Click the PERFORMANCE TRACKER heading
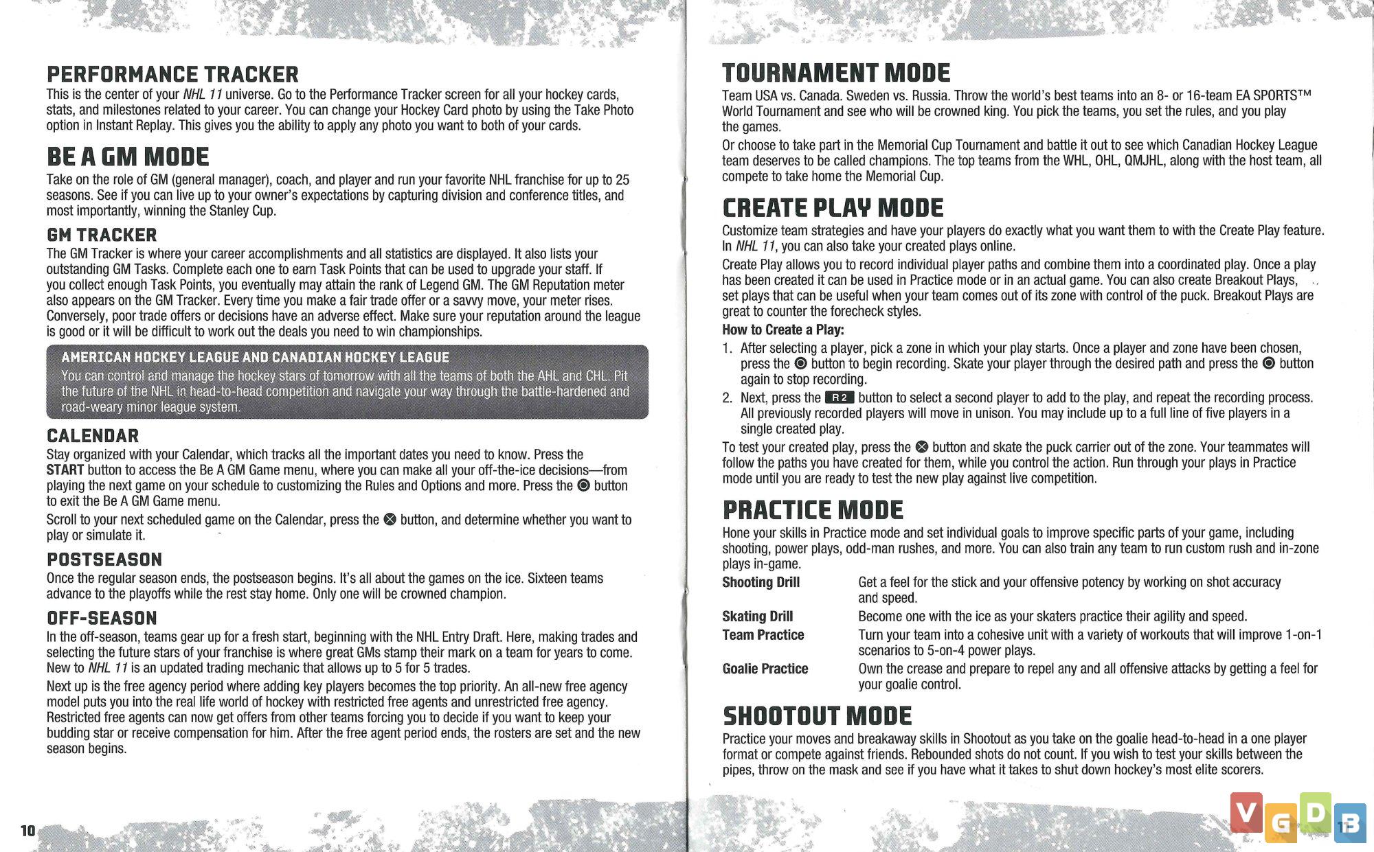pyautogui.click(x=172, y=74)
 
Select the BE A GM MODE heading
pyautogui.click(x=128, y=157)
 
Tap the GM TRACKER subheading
pyautogui.click(x=102, y=235)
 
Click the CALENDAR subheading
pyautogui.click(x=93, y=436)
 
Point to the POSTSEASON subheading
pyautogui.click(x=104, y=560)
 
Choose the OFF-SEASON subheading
pyautogui.click(x=102, y=618)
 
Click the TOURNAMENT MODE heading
pyautogui.click(x=836, y=73)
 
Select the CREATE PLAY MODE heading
pyautogui.click(x=833, y=208)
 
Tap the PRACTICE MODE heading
pyautogui.click(x=813, y=510)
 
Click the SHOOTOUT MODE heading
pyautogui.click(x=817, y=716)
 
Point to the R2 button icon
pyautogui.click(x=840, y=398)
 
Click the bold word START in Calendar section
pyautogui.click(x=65, y=470)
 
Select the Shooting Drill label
pyautogui.click(x=761, y=582)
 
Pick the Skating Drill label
pyautogui.click(x=757, y=617)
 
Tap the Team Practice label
pyautogui.click(x=763, y=635)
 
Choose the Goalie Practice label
pyautogui.click(x=765, y=669)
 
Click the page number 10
pyautogui.click(x=27, y=831)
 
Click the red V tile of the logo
pyautogui.click(x=1246, y=814)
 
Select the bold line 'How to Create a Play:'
pyautogui.click(x=782, y=330)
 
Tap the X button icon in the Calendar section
pyautogui.click(x=390, y=520)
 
